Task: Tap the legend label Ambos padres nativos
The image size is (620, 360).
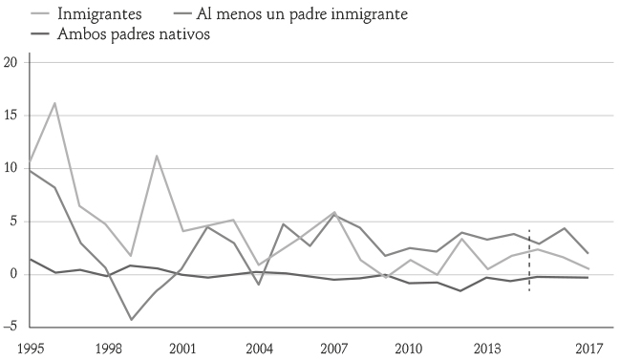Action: click(133, 33)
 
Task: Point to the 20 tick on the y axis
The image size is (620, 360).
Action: click(11, 62)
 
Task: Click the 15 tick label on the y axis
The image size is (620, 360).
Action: click(11, 116)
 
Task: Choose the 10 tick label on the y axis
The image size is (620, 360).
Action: click(11, 169)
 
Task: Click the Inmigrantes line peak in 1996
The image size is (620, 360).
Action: click(54, 103)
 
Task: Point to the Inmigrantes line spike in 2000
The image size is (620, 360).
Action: click(156, 156)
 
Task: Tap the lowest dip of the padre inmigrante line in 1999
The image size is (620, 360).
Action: click(131, 319)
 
